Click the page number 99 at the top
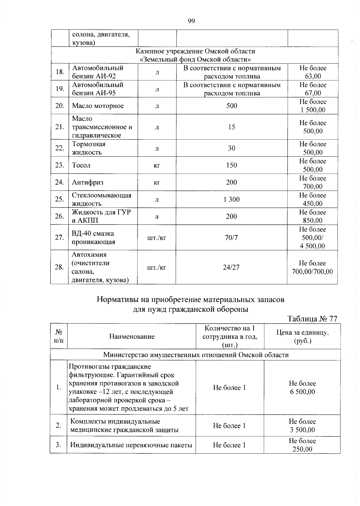(191, 21)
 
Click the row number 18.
(60, 72)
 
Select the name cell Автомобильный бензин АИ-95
(98, 89)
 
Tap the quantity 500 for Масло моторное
(232, 106)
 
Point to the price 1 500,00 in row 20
(313, 110)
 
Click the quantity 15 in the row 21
(232, 127)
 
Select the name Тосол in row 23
(81, 165)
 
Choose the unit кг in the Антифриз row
(157, 182)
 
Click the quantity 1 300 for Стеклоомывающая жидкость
(232, 199)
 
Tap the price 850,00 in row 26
(313, 221)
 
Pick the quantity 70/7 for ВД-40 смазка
(231, 238)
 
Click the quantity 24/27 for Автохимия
(231, 267)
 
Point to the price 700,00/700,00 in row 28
(313, 272)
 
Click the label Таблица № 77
(312, 319)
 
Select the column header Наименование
(132, 336)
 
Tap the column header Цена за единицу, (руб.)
(302, 337)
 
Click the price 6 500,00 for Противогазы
(302, 392)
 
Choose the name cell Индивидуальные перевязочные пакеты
(131, 445)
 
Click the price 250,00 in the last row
(302, 449)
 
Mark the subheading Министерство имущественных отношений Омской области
(196, 355)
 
